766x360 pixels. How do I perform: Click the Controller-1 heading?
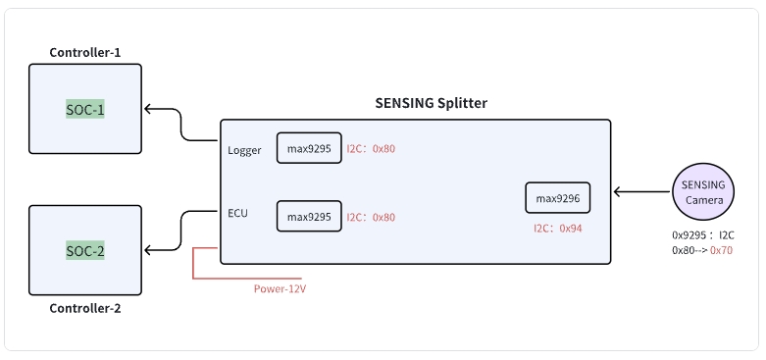pyautogui.click(x=85, y=52)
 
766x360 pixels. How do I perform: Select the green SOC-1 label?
pyautogui.click(x=85, y=109)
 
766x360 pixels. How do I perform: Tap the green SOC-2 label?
pyautogui.click(x=85, y=250)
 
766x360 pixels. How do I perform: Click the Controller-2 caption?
pyautogui.click(x=85, y=308)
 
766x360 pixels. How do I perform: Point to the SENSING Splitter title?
pyautogui.click(x=431, y=103)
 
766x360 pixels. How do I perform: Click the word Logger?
pyautogui.click(x=244, y=150)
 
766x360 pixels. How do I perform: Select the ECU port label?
pyautogui.click(x=237, y=211)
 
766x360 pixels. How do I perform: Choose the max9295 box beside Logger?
pyautogui.click(x=309, y=149)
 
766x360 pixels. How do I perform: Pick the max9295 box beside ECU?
pyautogui.click(x=309, y=216)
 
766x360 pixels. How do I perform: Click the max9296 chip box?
pyautogui.click(x=558, y=199)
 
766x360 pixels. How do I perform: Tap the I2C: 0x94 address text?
pyautogui.click(x=558, y=228)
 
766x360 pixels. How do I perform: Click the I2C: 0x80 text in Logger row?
pyautogui.click(x=371, y=149)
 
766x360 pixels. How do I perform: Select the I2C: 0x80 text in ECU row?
pyautogui.click(x=371, y=217)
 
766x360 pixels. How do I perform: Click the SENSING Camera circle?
pyautogui.click(x=703, y=192)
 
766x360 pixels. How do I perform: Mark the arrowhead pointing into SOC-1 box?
pyautogui.click(x=148, y=109)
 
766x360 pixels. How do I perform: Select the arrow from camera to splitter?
pyautogui.click(x=642, y=192)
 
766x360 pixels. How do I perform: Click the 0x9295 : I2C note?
pyautogui.click(x=703, y=235)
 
